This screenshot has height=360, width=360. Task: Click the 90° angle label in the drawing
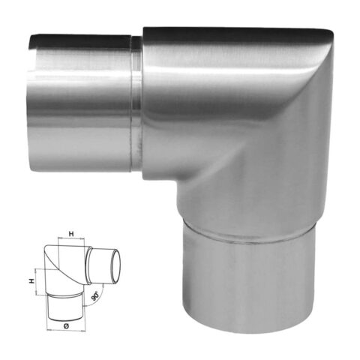point(95,296)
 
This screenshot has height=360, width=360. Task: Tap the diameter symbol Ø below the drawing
point(66,325)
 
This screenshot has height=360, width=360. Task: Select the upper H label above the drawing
point(71,234)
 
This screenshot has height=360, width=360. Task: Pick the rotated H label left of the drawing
point(31,281)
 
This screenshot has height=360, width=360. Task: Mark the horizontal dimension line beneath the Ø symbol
point(66,331)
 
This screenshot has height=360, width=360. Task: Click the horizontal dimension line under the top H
point(71,238)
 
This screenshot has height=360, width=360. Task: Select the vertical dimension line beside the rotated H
point(37,282)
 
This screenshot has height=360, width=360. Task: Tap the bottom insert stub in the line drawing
point(66,307)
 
